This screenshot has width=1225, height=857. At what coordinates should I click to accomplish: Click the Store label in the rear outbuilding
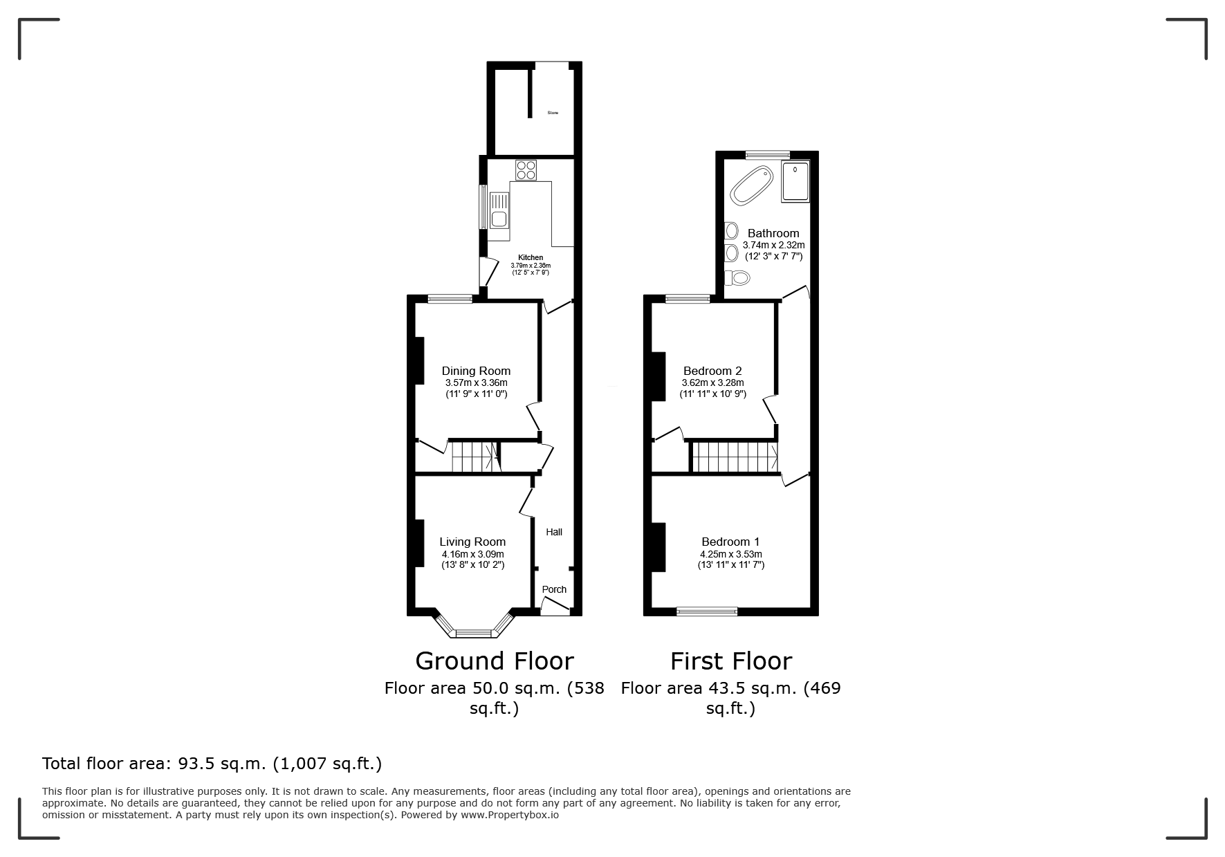pyautogui.click(x=553, y=113)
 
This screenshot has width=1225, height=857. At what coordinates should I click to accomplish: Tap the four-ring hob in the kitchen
pyautogui.click(x=526, y=169)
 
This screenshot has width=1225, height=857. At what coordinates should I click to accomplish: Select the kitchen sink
pyautogui.click(x=499, y=211)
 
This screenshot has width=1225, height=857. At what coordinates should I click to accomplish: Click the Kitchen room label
pyautogui.click(x=531, y=258)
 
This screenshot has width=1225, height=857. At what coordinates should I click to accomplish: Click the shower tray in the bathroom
pyautogui.click(x=795, y=182)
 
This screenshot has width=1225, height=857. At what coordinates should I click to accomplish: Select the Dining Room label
pyautogui.click(x=476, y=371)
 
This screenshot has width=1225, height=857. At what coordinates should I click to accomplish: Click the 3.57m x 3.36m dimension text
pyautogui.click(x=476, y=383)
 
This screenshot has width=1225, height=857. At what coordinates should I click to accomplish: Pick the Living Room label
pyautogui.click(x=472, y=542)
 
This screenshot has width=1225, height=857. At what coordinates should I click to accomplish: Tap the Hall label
pyautogui.click(x=554, y=532)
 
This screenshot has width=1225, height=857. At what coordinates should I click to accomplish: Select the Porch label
pyautogui.click(x=554, y=589)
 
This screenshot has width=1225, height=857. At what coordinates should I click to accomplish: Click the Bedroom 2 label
pyautogui.click(x=712, y=371)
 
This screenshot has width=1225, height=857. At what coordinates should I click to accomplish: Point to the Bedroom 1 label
pyautogui.click(x=730, y=542)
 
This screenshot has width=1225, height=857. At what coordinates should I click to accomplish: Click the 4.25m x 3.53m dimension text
pyautogui.click(x=731, y=554)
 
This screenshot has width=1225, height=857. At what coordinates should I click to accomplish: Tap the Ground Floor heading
pyautogui.click(x=495, y=661)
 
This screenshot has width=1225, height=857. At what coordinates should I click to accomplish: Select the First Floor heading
pyautogui.click(x=731, y=661)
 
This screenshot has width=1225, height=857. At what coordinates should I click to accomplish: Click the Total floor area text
pyautogui.click(x=212, y=764)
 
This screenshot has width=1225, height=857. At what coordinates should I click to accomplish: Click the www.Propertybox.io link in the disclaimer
pyautogui.click(x=510, y=815)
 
